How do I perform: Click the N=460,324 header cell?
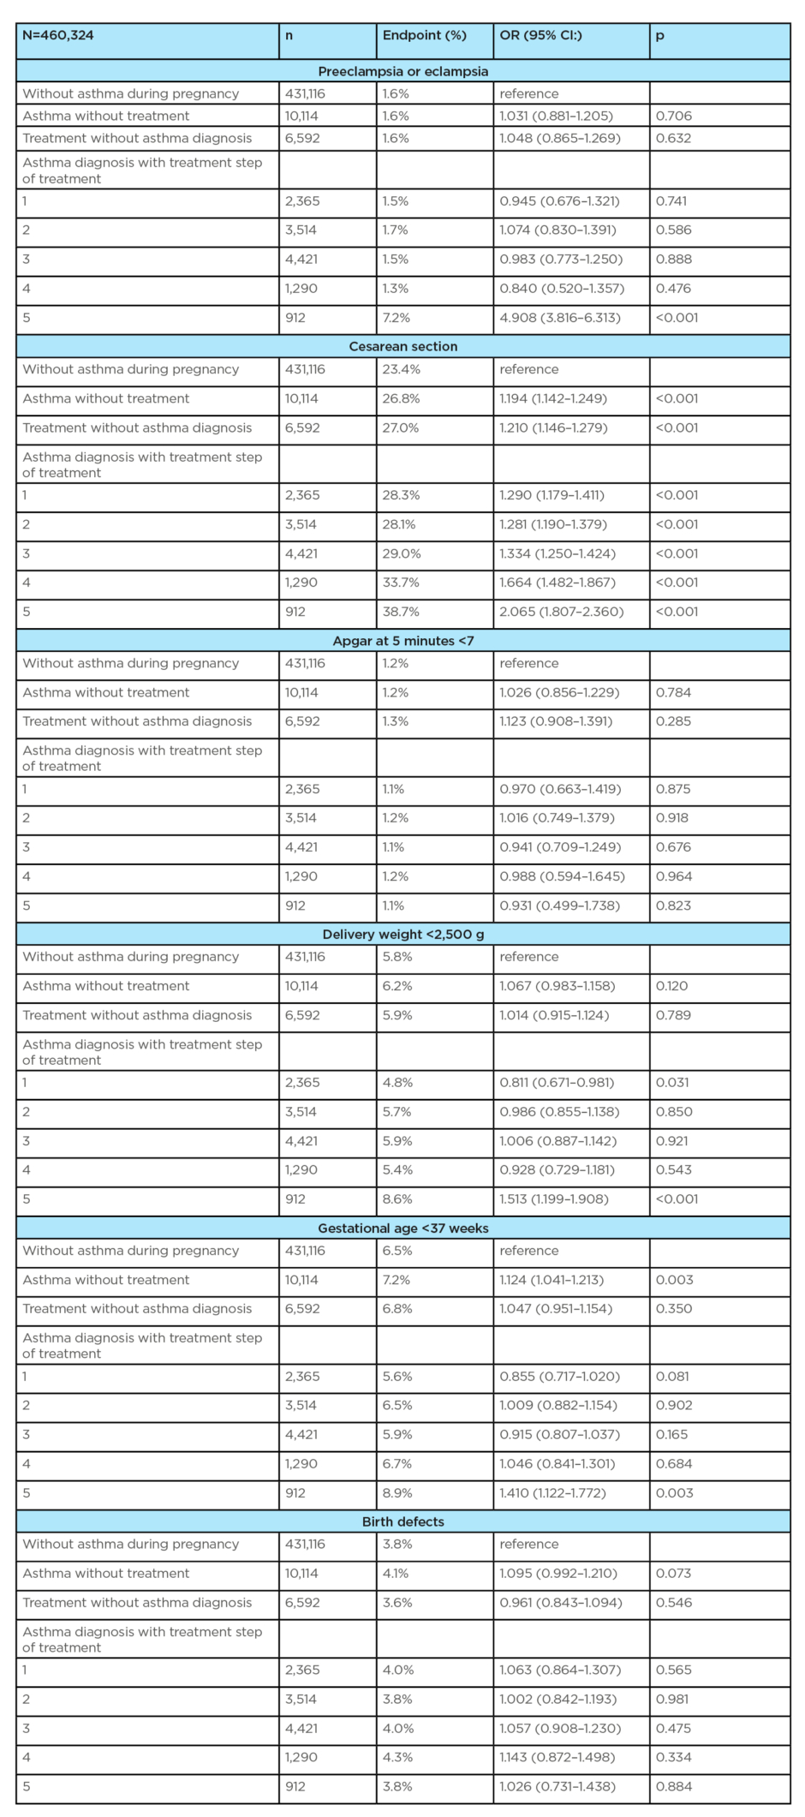(58, 36)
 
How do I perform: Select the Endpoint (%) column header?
(424, 36)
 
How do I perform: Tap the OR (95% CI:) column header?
(540, 36)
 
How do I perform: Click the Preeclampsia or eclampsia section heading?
(403, 71)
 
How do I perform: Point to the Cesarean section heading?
(403, 346)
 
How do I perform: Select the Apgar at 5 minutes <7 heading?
(403, 641)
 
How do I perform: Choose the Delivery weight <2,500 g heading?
(403, 935)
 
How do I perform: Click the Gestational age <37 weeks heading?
(403, 1228)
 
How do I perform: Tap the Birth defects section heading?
(403, 1521)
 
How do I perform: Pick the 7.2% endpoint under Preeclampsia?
(396, 318)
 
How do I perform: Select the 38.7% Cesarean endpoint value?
(400, 612)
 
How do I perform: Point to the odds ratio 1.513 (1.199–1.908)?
(554, 1198)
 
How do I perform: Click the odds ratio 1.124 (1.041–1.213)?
(552, 1280)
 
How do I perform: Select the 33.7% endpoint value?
(400, 583)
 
